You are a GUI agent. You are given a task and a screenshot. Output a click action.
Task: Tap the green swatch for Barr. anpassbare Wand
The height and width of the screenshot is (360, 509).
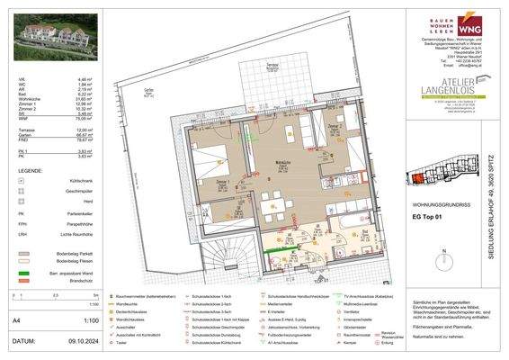coord(22,271)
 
